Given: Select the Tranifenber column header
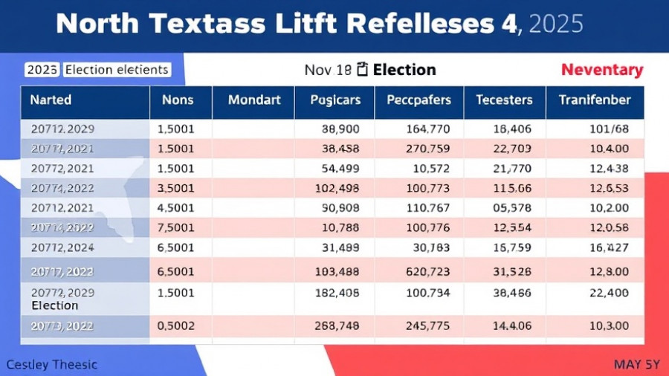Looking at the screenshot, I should tap(595, 100).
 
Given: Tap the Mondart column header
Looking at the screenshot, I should tap(254, 100).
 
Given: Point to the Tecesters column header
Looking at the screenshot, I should tap(504, 100).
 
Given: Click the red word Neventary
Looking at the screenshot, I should tap(601, 70).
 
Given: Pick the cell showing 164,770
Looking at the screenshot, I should tap(428, 129).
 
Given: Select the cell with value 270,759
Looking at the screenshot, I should tap(428, 148).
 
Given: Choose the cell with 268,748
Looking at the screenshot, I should tap(338, 325).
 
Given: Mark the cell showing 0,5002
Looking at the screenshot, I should tap(177, 325).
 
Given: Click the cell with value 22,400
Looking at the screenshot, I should tap(609, 293).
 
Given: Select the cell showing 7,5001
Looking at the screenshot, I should tap(177, 227).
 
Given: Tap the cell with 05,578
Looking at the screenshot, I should tap(512, 207).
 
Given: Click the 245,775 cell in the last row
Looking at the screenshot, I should tap(428, 325).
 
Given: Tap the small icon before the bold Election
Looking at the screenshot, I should tap(363, 70).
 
